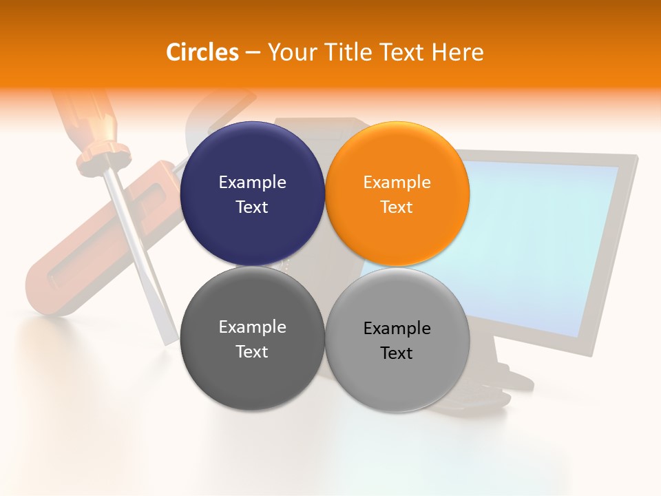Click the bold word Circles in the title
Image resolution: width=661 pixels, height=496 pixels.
point(202,52)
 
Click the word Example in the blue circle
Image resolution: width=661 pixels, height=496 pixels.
point(252,182)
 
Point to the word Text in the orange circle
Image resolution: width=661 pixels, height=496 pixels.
point(397,207)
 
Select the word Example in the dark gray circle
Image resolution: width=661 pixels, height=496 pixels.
point(252,327)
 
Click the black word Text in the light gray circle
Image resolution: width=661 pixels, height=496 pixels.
point(397,353)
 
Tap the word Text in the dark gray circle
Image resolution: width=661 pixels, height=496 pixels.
point(252,352)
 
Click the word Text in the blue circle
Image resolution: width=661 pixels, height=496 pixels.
point(252,207)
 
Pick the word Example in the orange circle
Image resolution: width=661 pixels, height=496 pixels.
point(397,182)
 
